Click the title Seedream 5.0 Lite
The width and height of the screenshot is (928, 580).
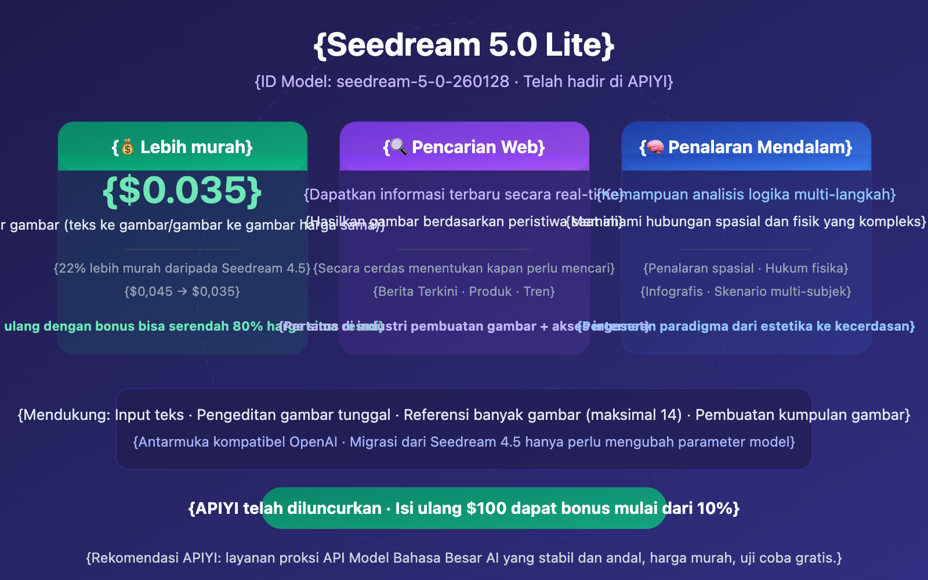464,45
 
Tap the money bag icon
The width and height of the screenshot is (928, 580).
128,147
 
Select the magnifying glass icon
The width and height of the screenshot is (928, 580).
398,147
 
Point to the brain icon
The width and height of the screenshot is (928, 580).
655,147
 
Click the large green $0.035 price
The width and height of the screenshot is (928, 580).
182,191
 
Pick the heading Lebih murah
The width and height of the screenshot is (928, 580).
196,147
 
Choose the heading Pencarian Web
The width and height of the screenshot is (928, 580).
478,147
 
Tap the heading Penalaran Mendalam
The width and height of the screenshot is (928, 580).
760,147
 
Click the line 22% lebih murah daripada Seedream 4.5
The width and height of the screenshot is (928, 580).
182,269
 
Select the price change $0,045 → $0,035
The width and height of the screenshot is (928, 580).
182,292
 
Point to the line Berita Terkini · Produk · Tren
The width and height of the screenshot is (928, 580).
464,292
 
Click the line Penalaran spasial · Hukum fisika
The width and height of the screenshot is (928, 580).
746,269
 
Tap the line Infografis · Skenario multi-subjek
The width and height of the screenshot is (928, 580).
746,292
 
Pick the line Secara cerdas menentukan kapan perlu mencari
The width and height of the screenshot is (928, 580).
464,269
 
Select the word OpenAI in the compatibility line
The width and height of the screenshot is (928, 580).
313,442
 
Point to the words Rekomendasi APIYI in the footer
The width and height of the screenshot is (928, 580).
155,558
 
